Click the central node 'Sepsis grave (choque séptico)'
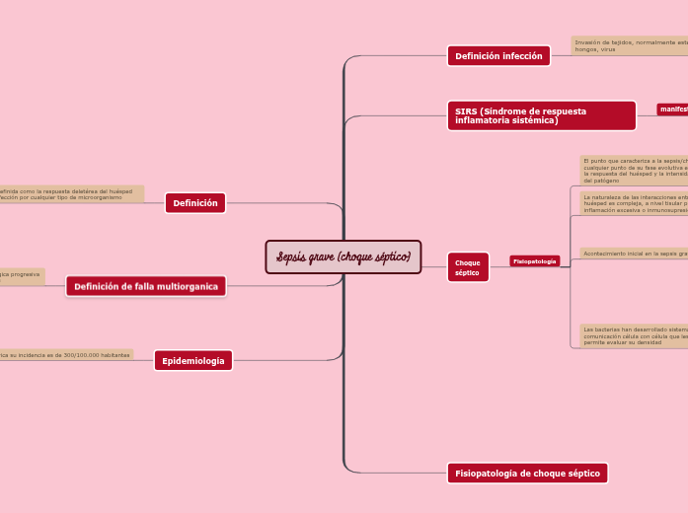click(344, 257)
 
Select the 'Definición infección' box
click(498, 56)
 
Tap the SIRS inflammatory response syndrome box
click(541, 115)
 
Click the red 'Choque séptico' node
click(468, 267)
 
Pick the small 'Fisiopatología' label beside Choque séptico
click(534, 261)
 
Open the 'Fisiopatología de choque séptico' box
click(527, 474)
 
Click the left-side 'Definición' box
click(195, 203)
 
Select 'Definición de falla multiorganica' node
click(146, 286)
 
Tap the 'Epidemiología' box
click(193, 361)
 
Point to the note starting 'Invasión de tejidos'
click(630, 45)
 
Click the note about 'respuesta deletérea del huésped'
click(69, 194)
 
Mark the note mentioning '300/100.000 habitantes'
click(65, 354)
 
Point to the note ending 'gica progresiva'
click(21, 276)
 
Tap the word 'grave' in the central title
click(323, 257)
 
